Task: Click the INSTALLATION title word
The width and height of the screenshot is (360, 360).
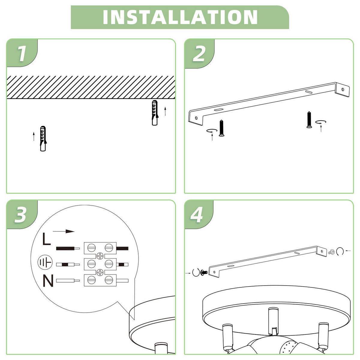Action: tap(180, 17)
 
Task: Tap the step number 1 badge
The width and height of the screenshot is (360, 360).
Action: tap(22, 54)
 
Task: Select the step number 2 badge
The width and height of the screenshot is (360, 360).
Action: tap(199, 54)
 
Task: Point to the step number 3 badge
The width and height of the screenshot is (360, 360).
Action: tap(21, 215)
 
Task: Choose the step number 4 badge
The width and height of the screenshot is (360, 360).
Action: tap(197, 215)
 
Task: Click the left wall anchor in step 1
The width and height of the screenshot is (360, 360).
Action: tap(43, 138)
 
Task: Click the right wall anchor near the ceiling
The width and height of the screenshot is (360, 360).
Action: tap(154, 113)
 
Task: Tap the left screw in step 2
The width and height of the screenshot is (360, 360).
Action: tap(221, 128)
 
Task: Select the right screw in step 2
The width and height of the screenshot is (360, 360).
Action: tap(308, 120)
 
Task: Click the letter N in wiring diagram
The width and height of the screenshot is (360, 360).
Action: tap(48, 281)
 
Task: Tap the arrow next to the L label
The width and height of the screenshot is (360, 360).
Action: tap(64, 231)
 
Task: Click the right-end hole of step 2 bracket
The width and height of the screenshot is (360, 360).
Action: tap(343, 89)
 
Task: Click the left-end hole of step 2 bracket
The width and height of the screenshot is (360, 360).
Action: tap(196, 118)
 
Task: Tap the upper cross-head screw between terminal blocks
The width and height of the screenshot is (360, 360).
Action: tap(100, 256)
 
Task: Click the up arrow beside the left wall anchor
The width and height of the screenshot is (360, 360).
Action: tap(34, 136)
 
